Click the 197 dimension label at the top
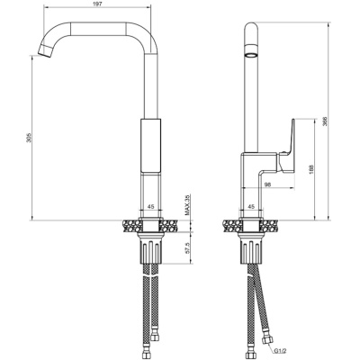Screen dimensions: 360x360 96,3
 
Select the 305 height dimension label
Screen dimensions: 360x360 29,138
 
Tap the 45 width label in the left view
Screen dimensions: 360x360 151,206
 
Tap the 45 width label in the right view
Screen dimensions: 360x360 252,206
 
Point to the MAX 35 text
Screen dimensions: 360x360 188,205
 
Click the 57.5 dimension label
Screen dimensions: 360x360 188,248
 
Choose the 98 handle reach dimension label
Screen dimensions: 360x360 268,184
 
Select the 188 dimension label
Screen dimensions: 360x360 311,169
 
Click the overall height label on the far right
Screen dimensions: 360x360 325,121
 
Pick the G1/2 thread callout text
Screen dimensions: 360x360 280,350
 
